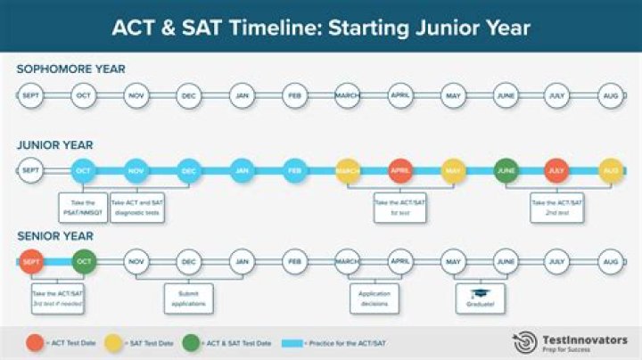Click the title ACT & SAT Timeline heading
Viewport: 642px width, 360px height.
pyautogui.click(x=321, y=28)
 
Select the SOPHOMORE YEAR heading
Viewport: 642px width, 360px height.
pyautogui.click(x=70, y=70)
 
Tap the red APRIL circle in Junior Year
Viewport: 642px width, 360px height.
pyautogui.click(x=400, y=170)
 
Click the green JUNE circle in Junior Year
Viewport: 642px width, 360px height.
pyautogui.click(x=506, y=170)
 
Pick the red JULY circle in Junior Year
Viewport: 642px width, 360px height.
pyautogui.click(x=556, y=170)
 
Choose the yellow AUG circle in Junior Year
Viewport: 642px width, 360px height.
pyautogui.click(x=610, y=170)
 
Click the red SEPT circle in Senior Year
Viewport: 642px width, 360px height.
pyautogui.click(x=30, y=262)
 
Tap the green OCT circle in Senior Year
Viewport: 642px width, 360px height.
pyautogui.click(x=83, y=262)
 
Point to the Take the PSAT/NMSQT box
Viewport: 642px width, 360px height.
pyautogui.click(x=83, y=209)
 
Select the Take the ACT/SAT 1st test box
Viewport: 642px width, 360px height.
pyautogui.click(x=400, y=209)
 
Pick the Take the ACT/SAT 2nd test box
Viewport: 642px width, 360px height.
pyautogui.click(x=556, y=209)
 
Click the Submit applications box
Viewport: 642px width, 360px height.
pyautogui.click(x=188, y=298)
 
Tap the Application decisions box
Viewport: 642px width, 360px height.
pyautogui.click(x=374, y=298)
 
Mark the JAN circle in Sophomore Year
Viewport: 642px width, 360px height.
pyautogui.click(x=241, y=96)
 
